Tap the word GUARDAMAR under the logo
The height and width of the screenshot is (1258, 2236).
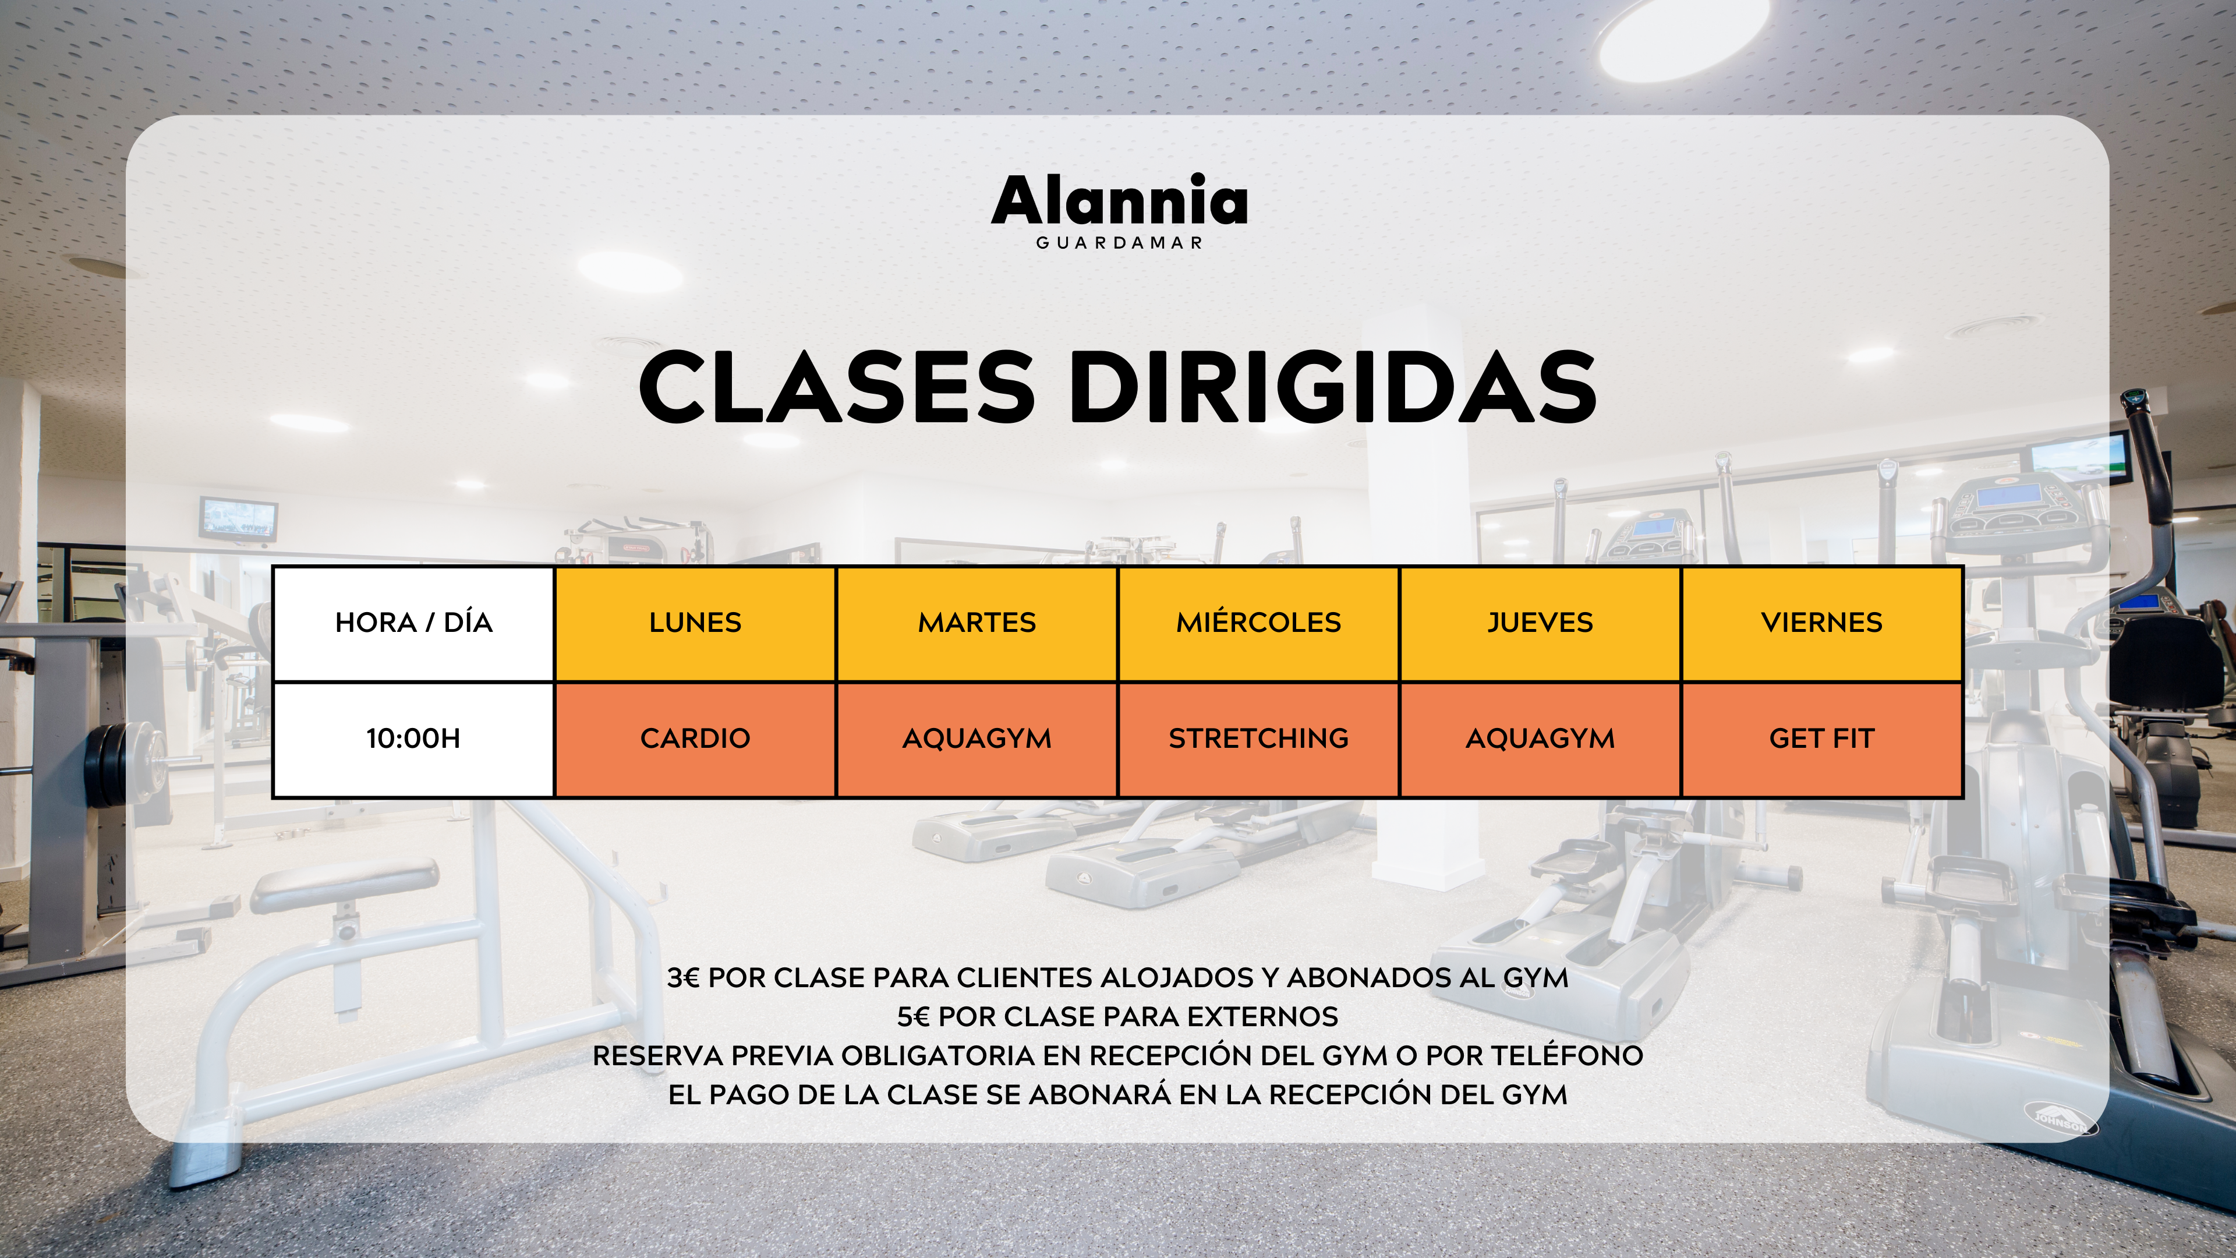[1119, 243]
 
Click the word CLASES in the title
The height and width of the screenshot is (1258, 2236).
[837, 387]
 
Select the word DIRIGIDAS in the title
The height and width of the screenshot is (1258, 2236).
[1332, 387]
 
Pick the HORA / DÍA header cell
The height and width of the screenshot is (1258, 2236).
[414, 623]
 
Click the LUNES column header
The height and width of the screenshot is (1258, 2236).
[695, 623]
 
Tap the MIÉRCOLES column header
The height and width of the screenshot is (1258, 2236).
[1258, 623]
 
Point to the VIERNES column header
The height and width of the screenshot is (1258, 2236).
[1822, 623]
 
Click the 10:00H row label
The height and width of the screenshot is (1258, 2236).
[414, 740]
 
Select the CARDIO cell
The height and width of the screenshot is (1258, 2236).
[695, 740]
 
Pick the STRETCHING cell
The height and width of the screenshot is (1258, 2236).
[1258, 740]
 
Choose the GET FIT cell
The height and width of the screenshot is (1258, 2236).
[1822, 740]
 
